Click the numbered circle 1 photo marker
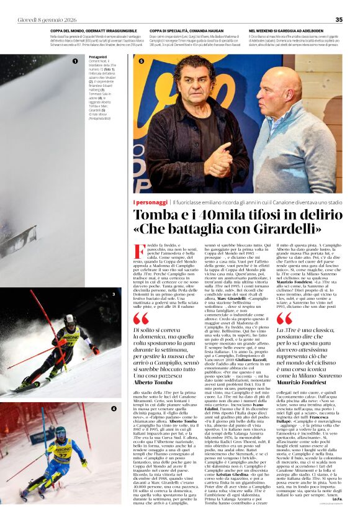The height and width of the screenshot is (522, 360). [75, 61]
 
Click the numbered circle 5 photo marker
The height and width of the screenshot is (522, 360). [141, 61]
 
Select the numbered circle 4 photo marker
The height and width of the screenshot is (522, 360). [114, 408]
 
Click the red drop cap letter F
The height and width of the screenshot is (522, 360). [139, 251]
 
